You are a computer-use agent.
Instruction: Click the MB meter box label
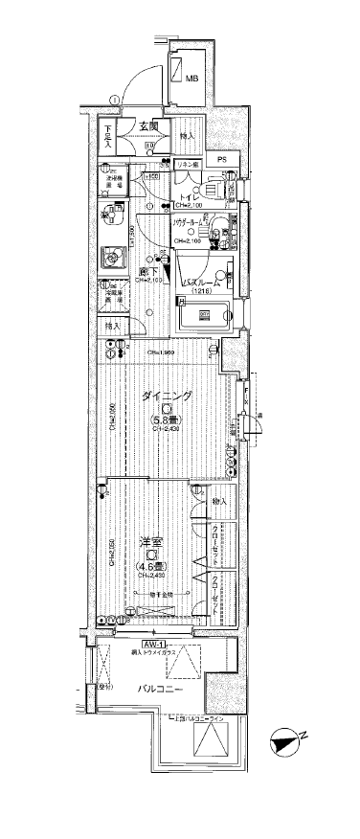tap(191, 79)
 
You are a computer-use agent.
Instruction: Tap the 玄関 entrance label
tap(149, 127)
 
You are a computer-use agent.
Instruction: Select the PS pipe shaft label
tap(221, 159)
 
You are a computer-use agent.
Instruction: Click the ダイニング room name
tap(168, 397)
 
